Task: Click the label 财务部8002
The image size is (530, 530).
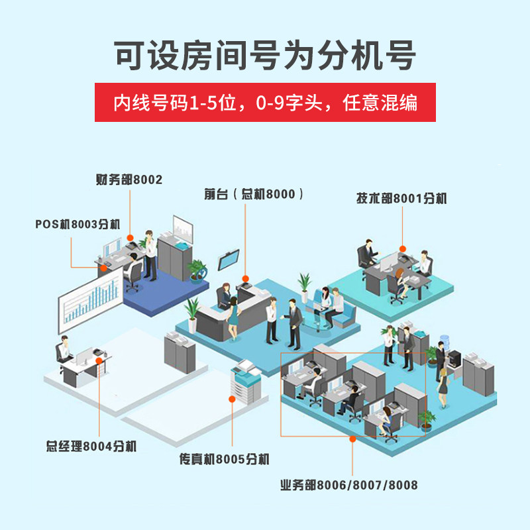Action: click(x=129, y=180)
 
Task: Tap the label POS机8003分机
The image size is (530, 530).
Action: click(x=78, y=224)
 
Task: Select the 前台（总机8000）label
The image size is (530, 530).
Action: click(x=254, y=194)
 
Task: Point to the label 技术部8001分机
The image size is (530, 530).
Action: click(x=401, y=198)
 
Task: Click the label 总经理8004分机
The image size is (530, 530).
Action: click(x=91, y=446)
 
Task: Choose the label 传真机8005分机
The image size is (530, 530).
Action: click(x=224, y=459)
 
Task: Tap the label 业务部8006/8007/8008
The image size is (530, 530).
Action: click(x=349, y=485)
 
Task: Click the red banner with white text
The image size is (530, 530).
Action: click(x=265, y=102)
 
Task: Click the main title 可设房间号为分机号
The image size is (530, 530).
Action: click(x=264, y=55)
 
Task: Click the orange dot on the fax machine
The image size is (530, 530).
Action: click(x=232, y=399)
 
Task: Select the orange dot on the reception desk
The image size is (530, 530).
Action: click(x=245, y=279)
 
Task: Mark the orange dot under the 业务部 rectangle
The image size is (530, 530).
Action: click(x=352, y=439)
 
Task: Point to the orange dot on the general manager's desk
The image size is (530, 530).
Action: click(x=99, y=360)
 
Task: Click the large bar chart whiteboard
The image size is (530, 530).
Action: click(x=91, y=300)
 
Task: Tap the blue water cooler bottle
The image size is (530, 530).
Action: click(x=444, y=341)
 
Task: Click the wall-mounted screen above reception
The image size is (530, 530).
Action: click(x=229, y=260)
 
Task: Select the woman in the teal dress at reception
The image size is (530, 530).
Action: click(x=233, y=318)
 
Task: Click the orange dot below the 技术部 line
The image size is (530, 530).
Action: click(x=402, y=249)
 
